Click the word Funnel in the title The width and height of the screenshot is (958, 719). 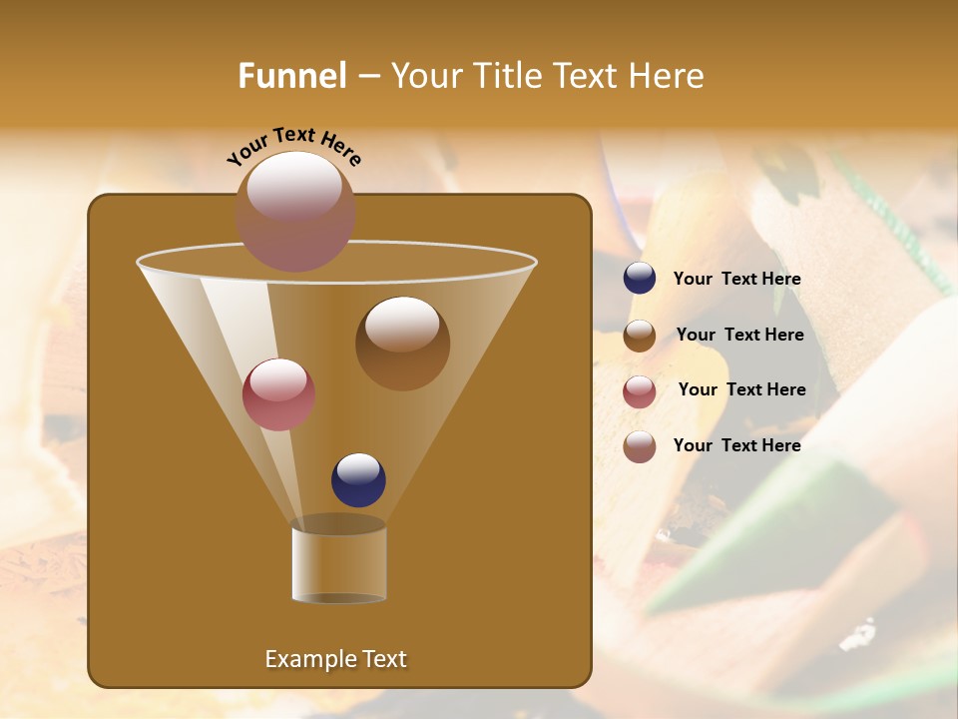291,76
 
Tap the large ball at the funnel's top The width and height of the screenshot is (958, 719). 295,211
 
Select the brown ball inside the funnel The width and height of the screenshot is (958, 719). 402,344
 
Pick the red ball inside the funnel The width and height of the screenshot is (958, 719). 278,394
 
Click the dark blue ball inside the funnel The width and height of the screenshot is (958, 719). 358,479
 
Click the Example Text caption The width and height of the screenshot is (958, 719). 335,659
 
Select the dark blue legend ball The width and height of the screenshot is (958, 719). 640,279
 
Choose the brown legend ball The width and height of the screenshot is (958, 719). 640,336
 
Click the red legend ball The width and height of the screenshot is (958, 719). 640,391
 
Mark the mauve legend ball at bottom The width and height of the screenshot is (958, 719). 640,446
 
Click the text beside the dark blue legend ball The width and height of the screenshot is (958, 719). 736,280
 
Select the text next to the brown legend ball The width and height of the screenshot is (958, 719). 739,336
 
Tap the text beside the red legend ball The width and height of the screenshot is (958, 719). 741,390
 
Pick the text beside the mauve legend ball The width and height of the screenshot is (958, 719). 736,445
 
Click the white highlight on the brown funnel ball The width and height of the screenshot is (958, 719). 402,325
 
